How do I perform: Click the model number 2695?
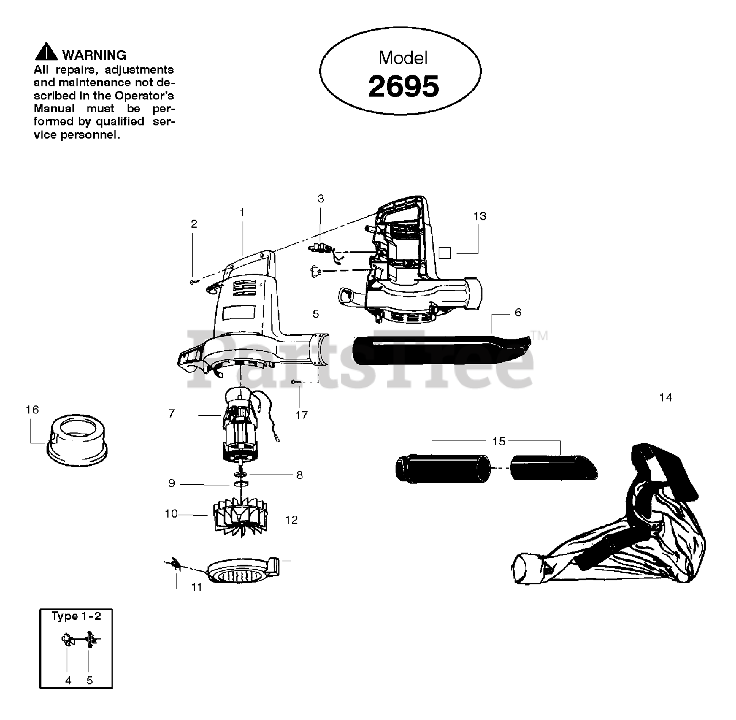[403, 86]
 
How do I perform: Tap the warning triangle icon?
[46, 53]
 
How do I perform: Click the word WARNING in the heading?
[94, 55]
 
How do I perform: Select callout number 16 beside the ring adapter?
[32, 409]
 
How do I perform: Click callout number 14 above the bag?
[665, 397]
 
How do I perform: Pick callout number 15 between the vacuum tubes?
[499, 441]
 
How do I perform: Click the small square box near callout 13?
[444, 252]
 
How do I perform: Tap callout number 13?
[480, 216]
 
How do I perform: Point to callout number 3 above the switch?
[321, 199]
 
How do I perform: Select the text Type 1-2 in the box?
[76, 616]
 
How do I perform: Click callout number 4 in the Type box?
[68, 680]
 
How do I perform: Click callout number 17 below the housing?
[302, 415]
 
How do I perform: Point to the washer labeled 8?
[241, 474]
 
